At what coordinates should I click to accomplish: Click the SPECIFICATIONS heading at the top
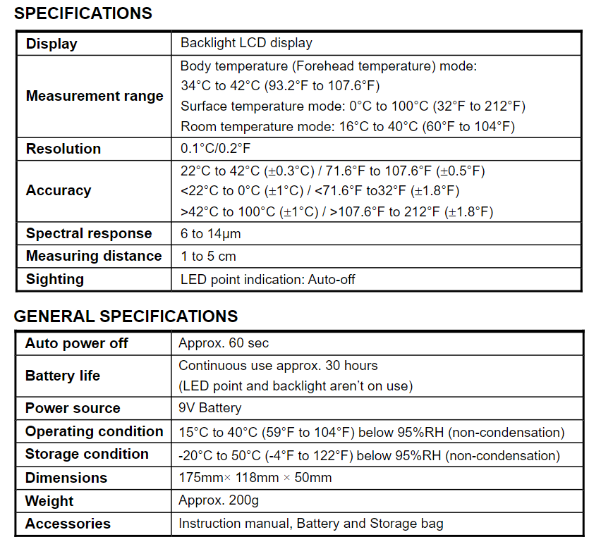(83, 13)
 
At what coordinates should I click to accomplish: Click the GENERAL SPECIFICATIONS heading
(126, 316)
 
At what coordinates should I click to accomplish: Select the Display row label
(51, 44)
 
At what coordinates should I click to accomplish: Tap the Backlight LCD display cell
(246, 43)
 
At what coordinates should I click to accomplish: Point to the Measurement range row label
(95, 96)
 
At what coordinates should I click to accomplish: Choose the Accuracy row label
(59, 190)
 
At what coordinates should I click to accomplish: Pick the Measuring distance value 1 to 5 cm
(208, 256)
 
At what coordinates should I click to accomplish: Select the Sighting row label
(55, 279)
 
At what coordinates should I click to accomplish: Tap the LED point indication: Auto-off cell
(268, 279)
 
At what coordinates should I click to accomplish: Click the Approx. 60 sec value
(224, 343)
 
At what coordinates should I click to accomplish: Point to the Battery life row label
(63, 376)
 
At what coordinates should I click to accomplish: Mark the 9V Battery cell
(210, 408)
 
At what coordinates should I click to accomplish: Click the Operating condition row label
(95, 431)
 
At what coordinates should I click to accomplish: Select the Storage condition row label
(87, 454)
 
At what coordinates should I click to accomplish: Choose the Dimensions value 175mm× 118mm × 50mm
(255, 478)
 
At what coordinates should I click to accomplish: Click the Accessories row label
(68, 524)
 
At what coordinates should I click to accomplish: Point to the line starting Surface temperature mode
(353, 106)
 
